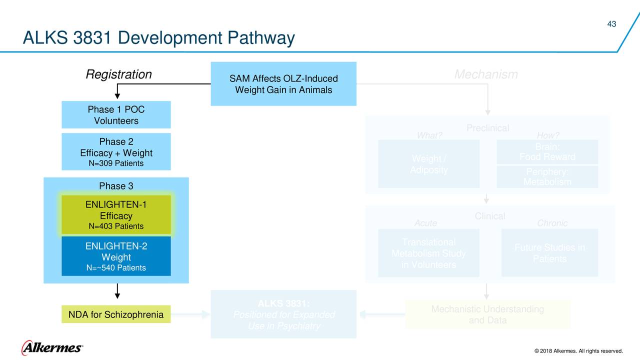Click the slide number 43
[x=611, y=24]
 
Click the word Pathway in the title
[x=260, y=38]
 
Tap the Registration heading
[x=118, y=74]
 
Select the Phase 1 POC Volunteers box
[x=116, y=115]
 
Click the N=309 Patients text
[x=116, y=163]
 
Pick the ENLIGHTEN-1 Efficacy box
[x=116, y=215]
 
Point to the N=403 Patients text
[x=116, y=226]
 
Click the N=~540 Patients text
[x=116, y=268]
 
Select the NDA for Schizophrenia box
[x=116, y=314]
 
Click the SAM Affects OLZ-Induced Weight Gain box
[x=283, y=84]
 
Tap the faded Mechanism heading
[x=485, y=75]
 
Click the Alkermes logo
[x=52, y=347]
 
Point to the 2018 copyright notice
[x=578, y=351]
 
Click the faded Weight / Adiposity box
[x=428, y=164]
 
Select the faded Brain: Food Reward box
[x=547, y=152]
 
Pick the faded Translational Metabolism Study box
[x=428, y=253]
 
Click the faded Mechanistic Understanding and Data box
[x=487, y=314]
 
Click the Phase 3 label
[x=116, y=186]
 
